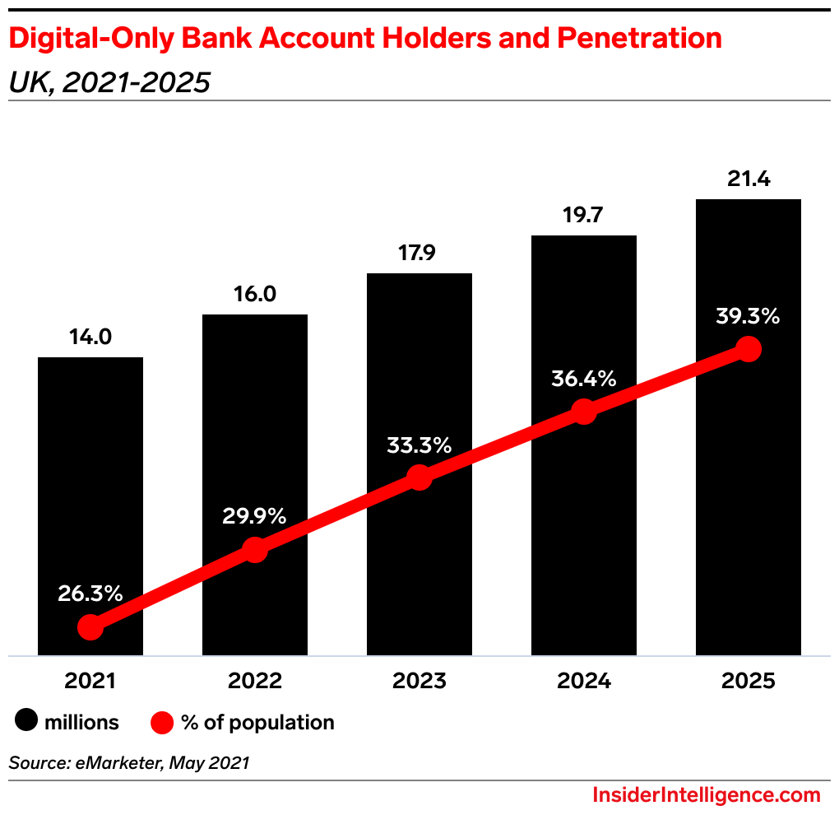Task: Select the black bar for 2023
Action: pyautogui.click(x=419, y=370)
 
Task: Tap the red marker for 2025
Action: pyautogui.click(x=748, y=349)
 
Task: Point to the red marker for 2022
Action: pyautogui.click(x=255, y=550)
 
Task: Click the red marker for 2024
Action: pyautogui.click(x=583, y=411)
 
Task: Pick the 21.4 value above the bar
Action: pyautogui.click(x=749, y=179)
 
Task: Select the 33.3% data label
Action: pyautogui.click(x=419, y=445)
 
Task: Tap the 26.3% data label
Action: pyautogui.click(x=90, y=593)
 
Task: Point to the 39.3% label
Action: pyautogui.click(x=748, y=316)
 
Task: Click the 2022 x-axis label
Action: pyautogui.click(x=255, y=682)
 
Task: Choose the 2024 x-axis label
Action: pyautogui.click(x=583, y=682)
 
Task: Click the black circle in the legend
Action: pyautogui.click(x=26, y=723)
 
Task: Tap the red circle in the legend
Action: pyautogui.click(x=162, y=723)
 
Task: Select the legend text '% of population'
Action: pyautogui.click(x=257, y=723)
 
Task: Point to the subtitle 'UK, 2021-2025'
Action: pyautogui.click(x=109, y=82)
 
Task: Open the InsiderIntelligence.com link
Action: pyautogui.click(x=706, y=795)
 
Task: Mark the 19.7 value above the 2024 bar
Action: pyautogui.click(x=584, y=216)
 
